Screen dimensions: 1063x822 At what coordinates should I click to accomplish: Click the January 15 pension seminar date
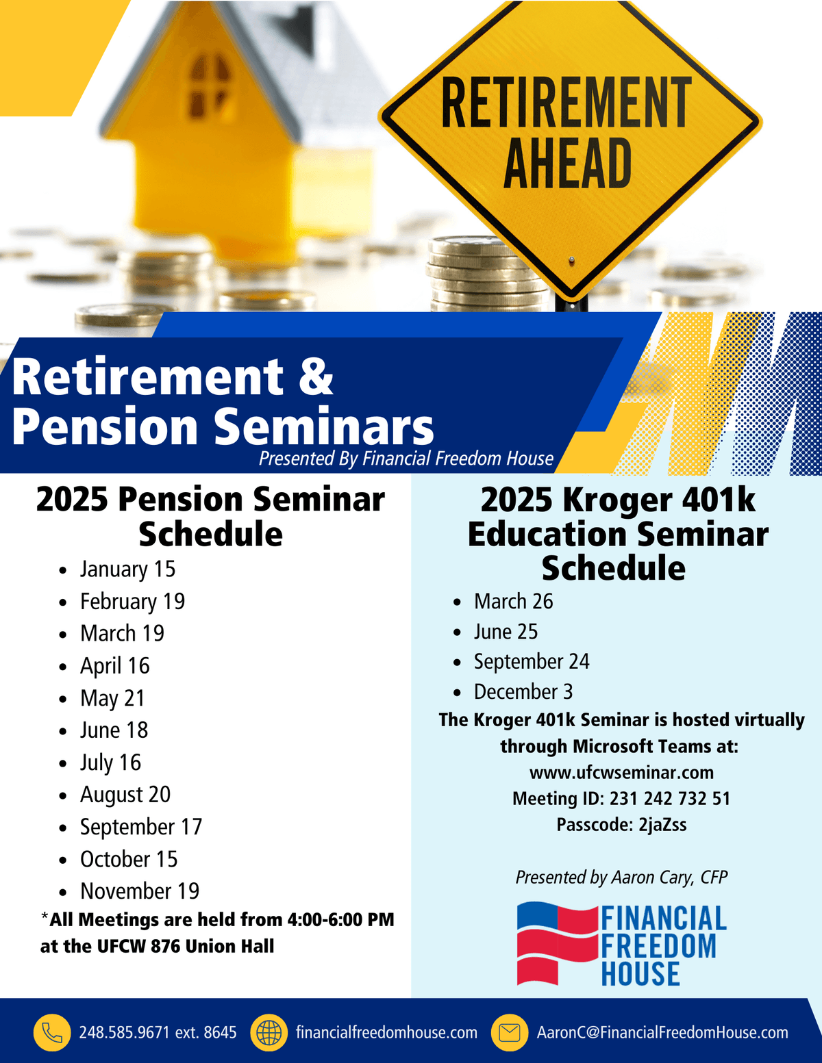127,569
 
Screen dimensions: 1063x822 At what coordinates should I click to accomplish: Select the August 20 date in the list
125,795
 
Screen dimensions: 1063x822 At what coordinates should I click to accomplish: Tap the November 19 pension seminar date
139,891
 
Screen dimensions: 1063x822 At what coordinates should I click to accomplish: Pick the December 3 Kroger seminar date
523,692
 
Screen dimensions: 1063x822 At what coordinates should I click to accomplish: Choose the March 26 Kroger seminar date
513,602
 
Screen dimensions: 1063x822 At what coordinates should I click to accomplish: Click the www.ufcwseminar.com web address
621,773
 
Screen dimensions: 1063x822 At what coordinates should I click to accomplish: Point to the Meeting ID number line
621,799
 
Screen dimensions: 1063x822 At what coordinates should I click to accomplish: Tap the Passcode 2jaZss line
621,825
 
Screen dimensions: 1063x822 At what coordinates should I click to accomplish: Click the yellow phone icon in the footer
52,1032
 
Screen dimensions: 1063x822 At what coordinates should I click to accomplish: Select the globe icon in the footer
269,1032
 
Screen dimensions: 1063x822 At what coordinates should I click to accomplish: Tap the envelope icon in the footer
510,1032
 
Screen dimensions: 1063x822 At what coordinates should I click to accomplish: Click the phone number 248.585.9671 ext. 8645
158,1032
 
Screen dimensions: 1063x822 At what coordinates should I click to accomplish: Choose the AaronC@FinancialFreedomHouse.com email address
662,1032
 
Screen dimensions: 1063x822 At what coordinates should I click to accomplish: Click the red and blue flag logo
556,943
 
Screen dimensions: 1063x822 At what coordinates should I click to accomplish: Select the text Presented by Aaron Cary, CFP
621,878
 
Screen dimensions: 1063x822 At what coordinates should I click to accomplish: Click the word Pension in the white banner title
104,426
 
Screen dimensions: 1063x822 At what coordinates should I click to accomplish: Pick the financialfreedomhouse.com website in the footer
386,1032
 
